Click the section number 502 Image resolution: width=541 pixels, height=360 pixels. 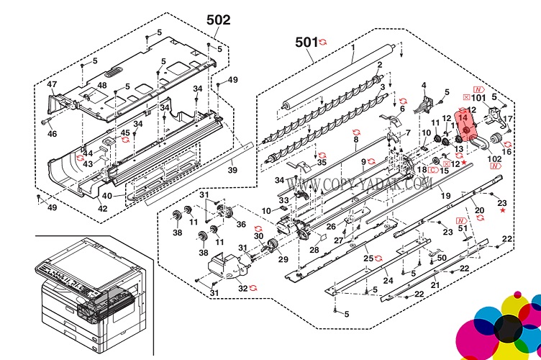pyautogui.click(x=218, y=20)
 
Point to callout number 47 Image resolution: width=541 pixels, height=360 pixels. pyautogui.click(x=52, y=84)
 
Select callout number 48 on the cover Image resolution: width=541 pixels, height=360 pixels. pyautogui.click(x=102, y=85)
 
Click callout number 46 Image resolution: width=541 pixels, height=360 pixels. pyautogui.click(x=52, y=134)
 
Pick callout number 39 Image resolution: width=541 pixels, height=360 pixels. pyautogui.click(x=232, y=170)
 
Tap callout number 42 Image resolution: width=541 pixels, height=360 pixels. pyautogui.click(x=103, y=209)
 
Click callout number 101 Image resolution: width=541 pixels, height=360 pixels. pyautogui.click(x=479, y=96)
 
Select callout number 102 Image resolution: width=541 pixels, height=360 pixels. pyautogui.click(x=494, y=158)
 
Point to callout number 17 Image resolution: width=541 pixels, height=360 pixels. pyautogui.click(x=507, y=119)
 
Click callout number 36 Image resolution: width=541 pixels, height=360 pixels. pyautogui.click(x=241, y=223)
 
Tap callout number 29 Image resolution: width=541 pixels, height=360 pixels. pyautogui.click(x=283, y=259)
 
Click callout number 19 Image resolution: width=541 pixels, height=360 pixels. pyautogui.click(x=445, y=196)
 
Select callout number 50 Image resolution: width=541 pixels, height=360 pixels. pyautogui.click(x=442, y=257)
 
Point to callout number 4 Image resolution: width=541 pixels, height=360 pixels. pyautogui.click(x=424, y=86)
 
